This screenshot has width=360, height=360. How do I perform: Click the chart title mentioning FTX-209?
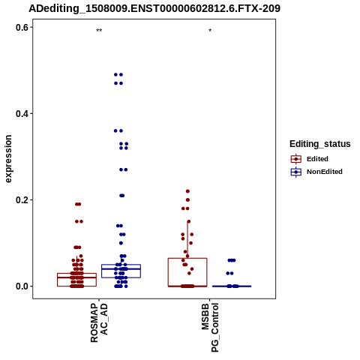click(154, 8)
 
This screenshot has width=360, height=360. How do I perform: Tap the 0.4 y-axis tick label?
click(22, 114)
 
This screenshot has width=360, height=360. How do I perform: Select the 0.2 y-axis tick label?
click(22, 200)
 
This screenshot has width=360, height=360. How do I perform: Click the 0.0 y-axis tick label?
click(22, 286)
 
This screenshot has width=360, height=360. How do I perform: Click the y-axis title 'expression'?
click(8, 159)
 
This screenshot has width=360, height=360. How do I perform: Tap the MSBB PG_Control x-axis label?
click(210, 328)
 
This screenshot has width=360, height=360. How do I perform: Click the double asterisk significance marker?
click(99, 31)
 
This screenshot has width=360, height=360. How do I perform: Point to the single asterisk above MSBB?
click(210, 31)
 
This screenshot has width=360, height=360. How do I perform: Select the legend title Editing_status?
click(320, 144)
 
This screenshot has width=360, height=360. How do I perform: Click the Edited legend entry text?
click(317, 159)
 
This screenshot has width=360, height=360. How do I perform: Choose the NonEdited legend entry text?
click(325, 172)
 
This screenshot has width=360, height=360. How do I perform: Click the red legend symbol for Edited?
click(296, 159)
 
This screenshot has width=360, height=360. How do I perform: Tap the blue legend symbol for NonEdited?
click(296, 172)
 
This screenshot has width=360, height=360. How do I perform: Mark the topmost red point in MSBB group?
click(187, 191)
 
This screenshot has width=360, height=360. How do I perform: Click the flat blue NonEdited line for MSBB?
click(232, 286)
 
